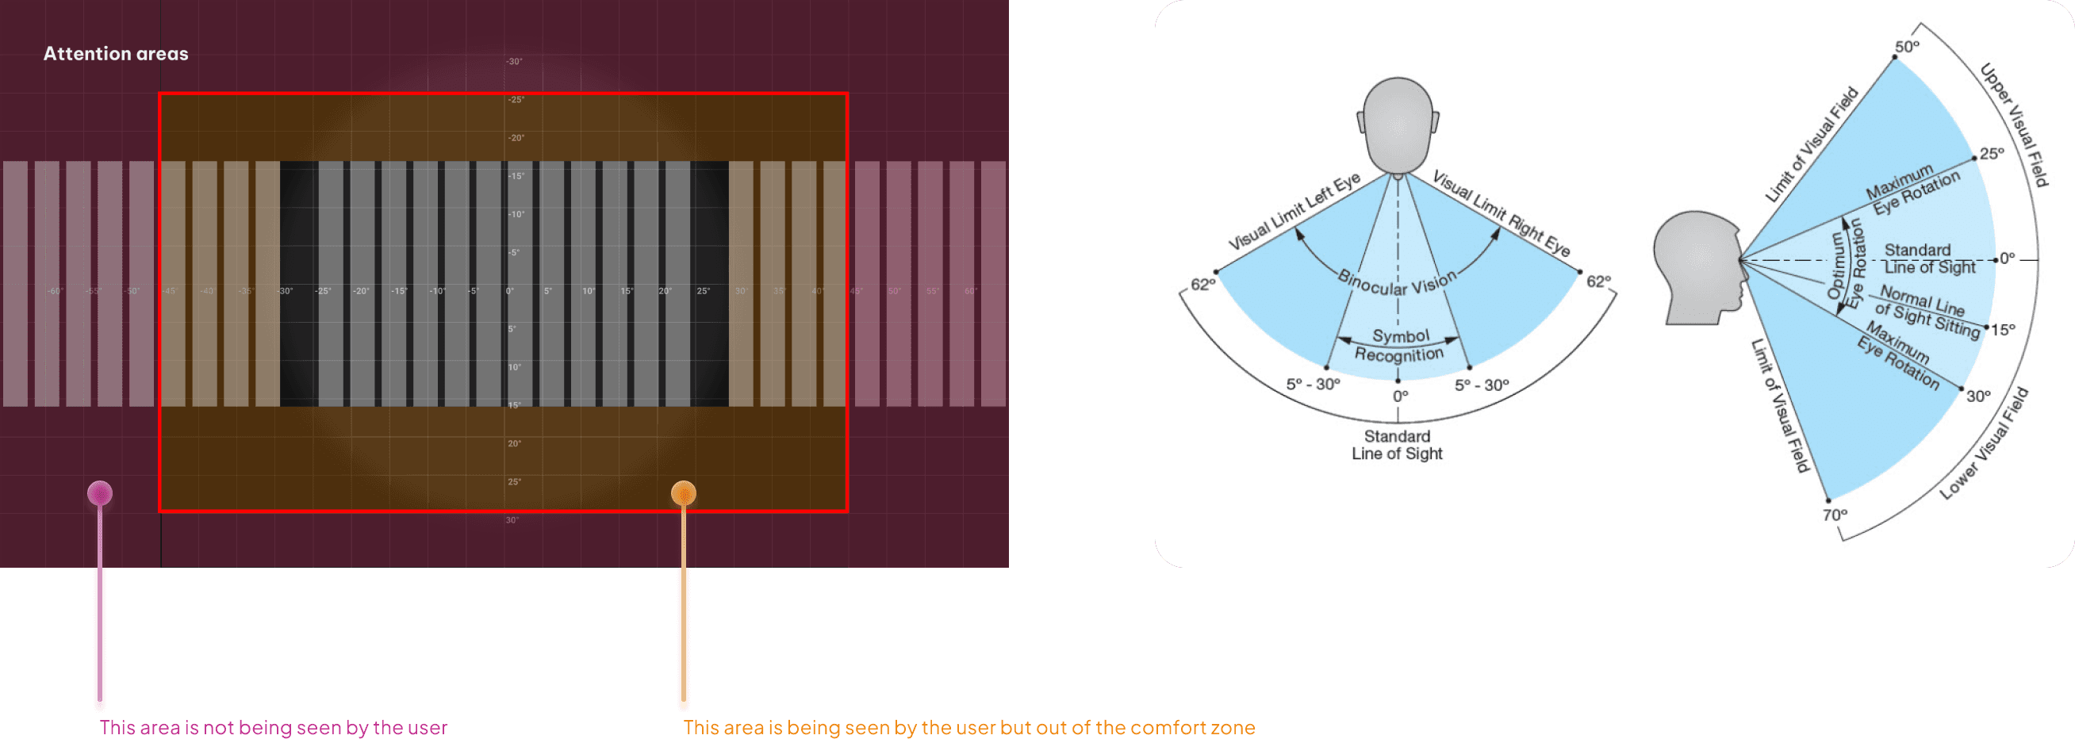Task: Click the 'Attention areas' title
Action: pyautogui.click(x=116, y=54)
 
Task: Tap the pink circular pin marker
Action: pyautogui.click(x=100, y=492)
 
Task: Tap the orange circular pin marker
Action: pyautogui.click(x=683, y=492)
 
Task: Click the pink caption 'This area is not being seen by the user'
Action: pyautogui.click(x=274, y=728)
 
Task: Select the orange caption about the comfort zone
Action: pyautogui.click(x=969, y=728)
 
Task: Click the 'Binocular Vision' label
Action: pyautogui.click(x=1398, y=282)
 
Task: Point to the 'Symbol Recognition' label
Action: pyautogui.click(x=1400, y=346)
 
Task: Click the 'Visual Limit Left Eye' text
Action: pyautogui.click(x=1294, y=212)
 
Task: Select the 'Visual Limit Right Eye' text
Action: pyautogui.click(x=1502, y=213)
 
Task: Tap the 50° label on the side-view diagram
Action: pyautogui.click(x=1907, y=47)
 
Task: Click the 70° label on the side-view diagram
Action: pyautogui.click(x=1835, y=515)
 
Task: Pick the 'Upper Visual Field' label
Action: pyautogui.click(x=2014, y=124)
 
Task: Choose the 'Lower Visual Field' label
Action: pyautogui.click(x=1983, y=443)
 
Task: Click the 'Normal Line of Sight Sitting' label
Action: pyautogui.click(x=1926, y=311)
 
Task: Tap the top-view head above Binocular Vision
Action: pyautogui.click(x=1398, y=124)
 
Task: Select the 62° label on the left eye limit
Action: pyautogui.click(x=1202, y=284)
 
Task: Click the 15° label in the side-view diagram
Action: pyautogui.click(x=2004, y=329)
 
